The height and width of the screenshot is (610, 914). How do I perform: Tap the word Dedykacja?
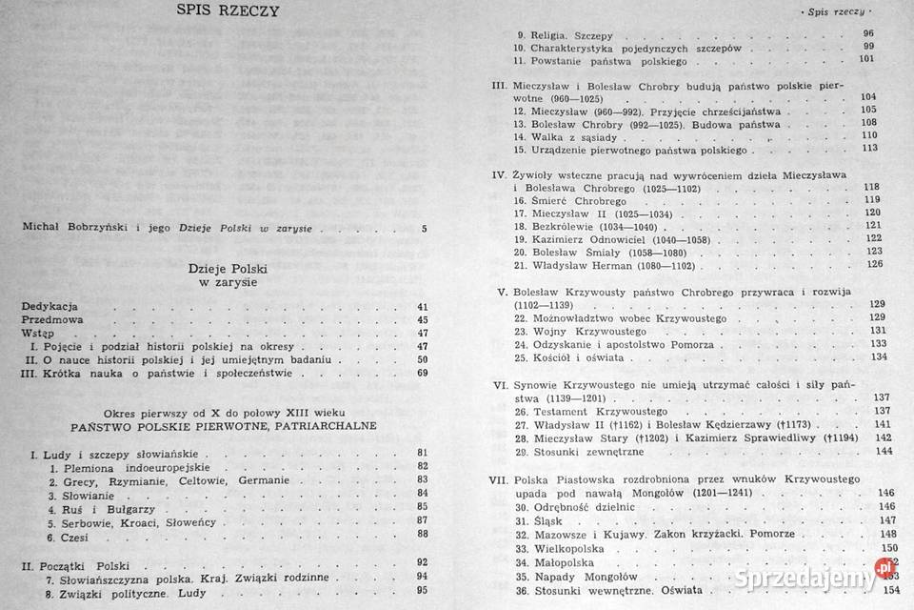50,306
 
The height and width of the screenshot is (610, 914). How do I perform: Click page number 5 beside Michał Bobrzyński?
424,228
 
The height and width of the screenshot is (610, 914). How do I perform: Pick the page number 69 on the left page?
423,373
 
